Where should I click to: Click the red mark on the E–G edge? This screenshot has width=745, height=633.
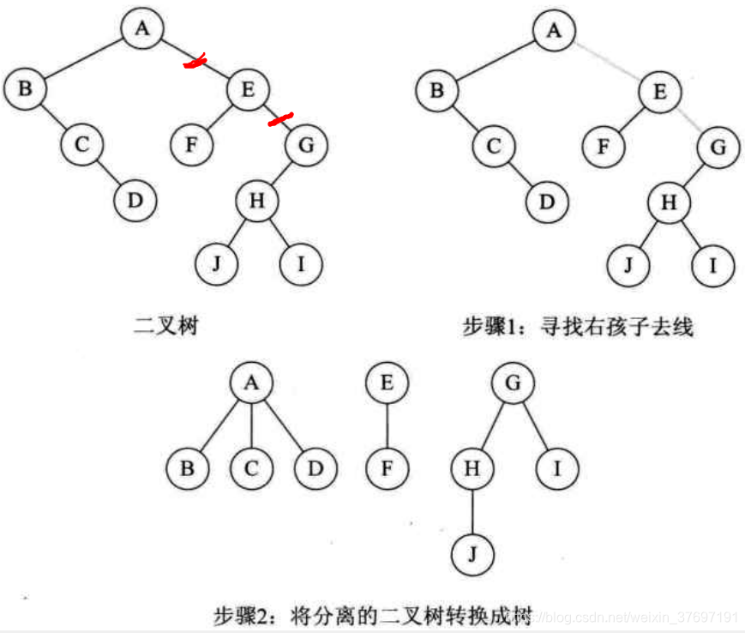(x=280, y=119)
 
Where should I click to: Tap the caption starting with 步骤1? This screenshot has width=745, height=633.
(x=577, y=327)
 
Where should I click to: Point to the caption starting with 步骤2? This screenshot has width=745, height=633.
(x=374, y=615)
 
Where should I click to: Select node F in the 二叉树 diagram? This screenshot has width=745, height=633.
(x=192, y=144)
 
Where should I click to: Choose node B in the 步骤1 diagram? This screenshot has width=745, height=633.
(x=436, y=90)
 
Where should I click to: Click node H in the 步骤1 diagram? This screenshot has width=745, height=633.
(x=669, y=203)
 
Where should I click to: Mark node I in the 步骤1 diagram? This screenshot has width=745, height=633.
(x=712, y=264)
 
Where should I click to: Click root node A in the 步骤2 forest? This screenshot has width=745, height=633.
(x=251, y=383)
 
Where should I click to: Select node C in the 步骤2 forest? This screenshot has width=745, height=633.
(x=251, y=469)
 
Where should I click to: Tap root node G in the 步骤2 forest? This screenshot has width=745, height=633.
(x=513, y=383)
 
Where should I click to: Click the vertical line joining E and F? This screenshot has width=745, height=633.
(x=387, y=426)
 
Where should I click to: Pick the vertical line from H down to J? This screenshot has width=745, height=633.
(x=472, y=513)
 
